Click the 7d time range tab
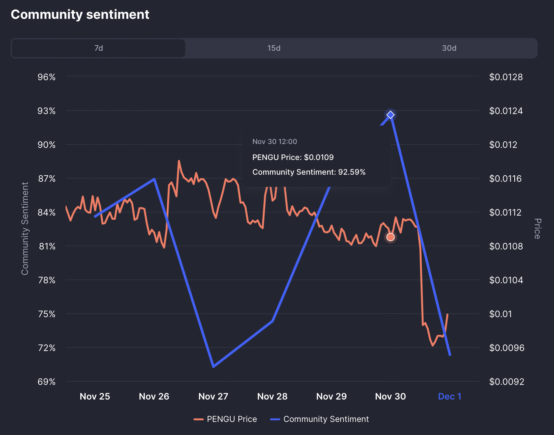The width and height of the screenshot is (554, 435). (x=99, y=48)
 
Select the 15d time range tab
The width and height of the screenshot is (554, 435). (x=274, y=48)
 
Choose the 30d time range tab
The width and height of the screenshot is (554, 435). (x=449, y=48)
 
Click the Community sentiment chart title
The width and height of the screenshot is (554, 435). (x=80, y=15)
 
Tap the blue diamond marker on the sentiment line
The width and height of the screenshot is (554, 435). (x=391, y=115)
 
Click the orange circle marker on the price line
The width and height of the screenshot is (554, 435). (x=391, y=237)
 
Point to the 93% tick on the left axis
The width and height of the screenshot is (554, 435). (x=47, y=111)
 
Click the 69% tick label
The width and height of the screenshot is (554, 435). (x=47, y=382)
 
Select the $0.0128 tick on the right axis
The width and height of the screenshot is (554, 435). (x=506, y=77)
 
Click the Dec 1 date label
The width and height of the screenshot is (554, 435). (x=449, y=396)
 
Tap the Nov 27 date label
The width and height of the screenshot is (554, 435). (x=213, y=396)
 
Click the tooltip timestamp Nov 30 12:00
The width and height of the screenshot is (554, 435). (x=274, y=141)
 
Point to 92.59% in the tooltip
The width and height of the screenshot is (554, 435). (x=352, y=172)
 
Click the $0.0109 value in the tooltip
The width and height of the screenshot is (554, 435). (x=319, y=157)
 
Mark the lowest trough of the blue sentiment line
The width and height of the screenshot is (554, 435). (x=213, y=366)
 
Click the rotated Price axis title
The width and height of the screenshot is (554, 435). (x=538, y=229)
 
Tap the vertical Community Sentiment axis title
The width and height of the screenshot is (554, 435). (x=25, y=228)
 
